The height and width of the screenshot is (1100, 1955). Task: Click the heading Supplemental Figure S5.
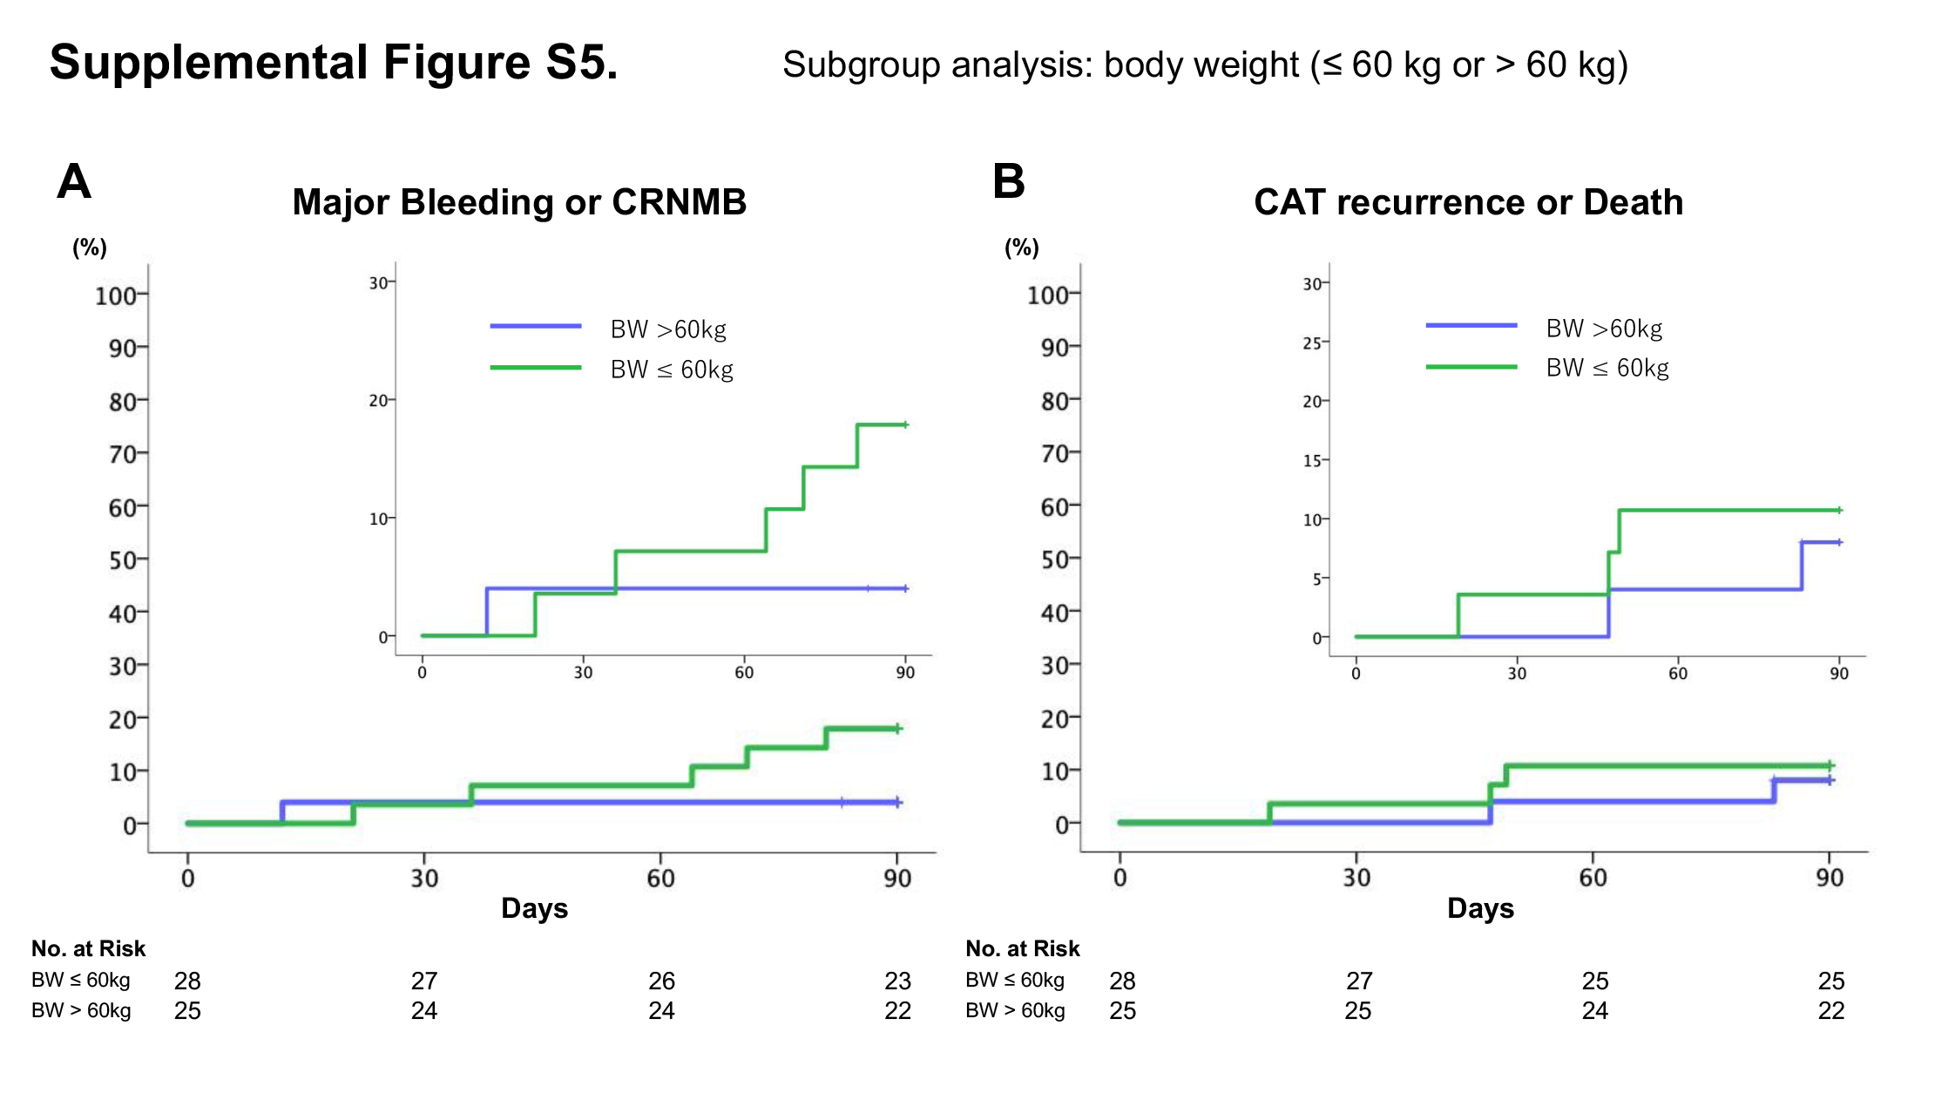tap(334, 62)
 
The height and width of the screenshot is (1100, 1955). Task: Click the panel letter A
tap(74, 181)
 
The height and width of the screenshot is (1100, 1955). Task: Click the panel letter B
tap(1008, 181)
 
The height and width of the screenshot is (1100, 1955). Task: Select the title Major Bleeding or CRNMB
tap(519, 202)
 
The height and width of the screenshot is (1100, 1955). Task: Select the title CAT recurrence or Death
tap(1468, 202)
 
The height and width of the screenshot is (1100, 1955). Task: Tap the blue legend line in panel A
tap(536, 326)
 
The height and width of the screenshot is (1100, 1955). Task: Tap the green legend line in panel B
tap(1471, 367)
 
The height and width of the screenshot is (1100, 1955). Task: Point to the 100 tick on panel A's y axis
tap(116, 295)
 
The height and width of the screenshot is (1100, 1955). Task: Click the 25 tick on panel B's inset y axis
tap(1312, 343)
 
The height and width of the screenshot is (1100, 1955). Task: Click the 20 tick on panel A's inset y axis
tap(378, 401)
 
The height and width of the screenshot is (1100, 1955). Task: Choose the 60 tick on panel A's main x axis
tap(660, 878)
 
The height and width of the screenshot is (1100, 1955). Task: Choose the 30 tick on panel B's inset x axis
tap(1517, 673)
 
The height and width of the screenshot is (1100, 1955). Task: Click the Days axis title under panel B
tap(1480, 908)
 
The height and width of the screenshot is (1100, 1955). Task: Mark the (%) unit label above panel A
tap(90, 248)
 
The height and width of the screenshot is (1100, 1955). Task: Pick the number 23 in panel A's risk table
tap(897, 981)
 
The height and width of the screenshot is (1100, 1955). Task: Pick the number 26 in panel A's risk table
tap(661, 981)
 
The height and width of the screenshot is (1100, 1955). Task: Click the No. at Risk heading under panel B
tap(1022, 948)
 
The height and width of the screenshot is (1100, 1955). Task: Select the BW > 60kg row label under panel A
tap(81, 1010)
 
